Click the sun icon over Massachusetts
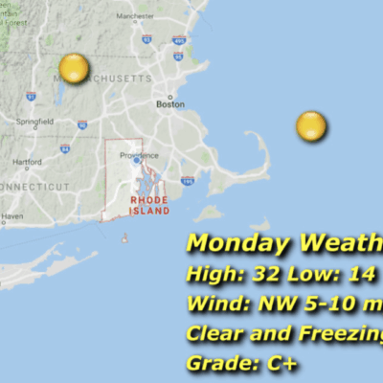tap(74, 69)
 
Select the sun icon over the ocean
tap(310, 125)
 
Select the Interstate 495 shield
tap(178, 41)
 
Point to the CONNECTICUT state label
tap(34, 185)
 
